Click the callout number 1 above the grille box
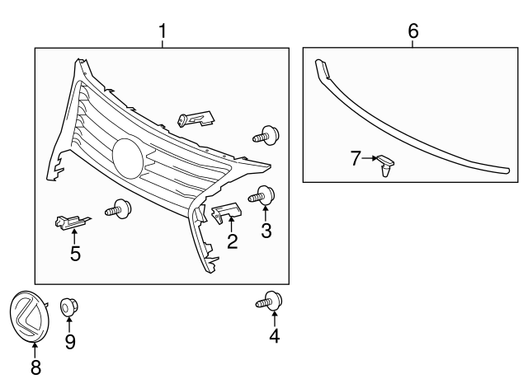point(163,31)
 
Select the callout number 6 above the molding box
point(413,31)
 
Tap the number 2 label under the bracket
point(233,241)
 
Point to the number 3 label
point(266,231)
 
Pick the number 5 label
point(75,254)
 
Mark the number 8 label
point(35,367)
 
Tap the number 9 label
point(70,341)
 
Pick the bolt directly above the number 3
point(263,196)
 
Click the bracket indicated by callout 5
point(72,221)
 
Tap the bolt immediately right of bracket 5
point(120,208)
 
